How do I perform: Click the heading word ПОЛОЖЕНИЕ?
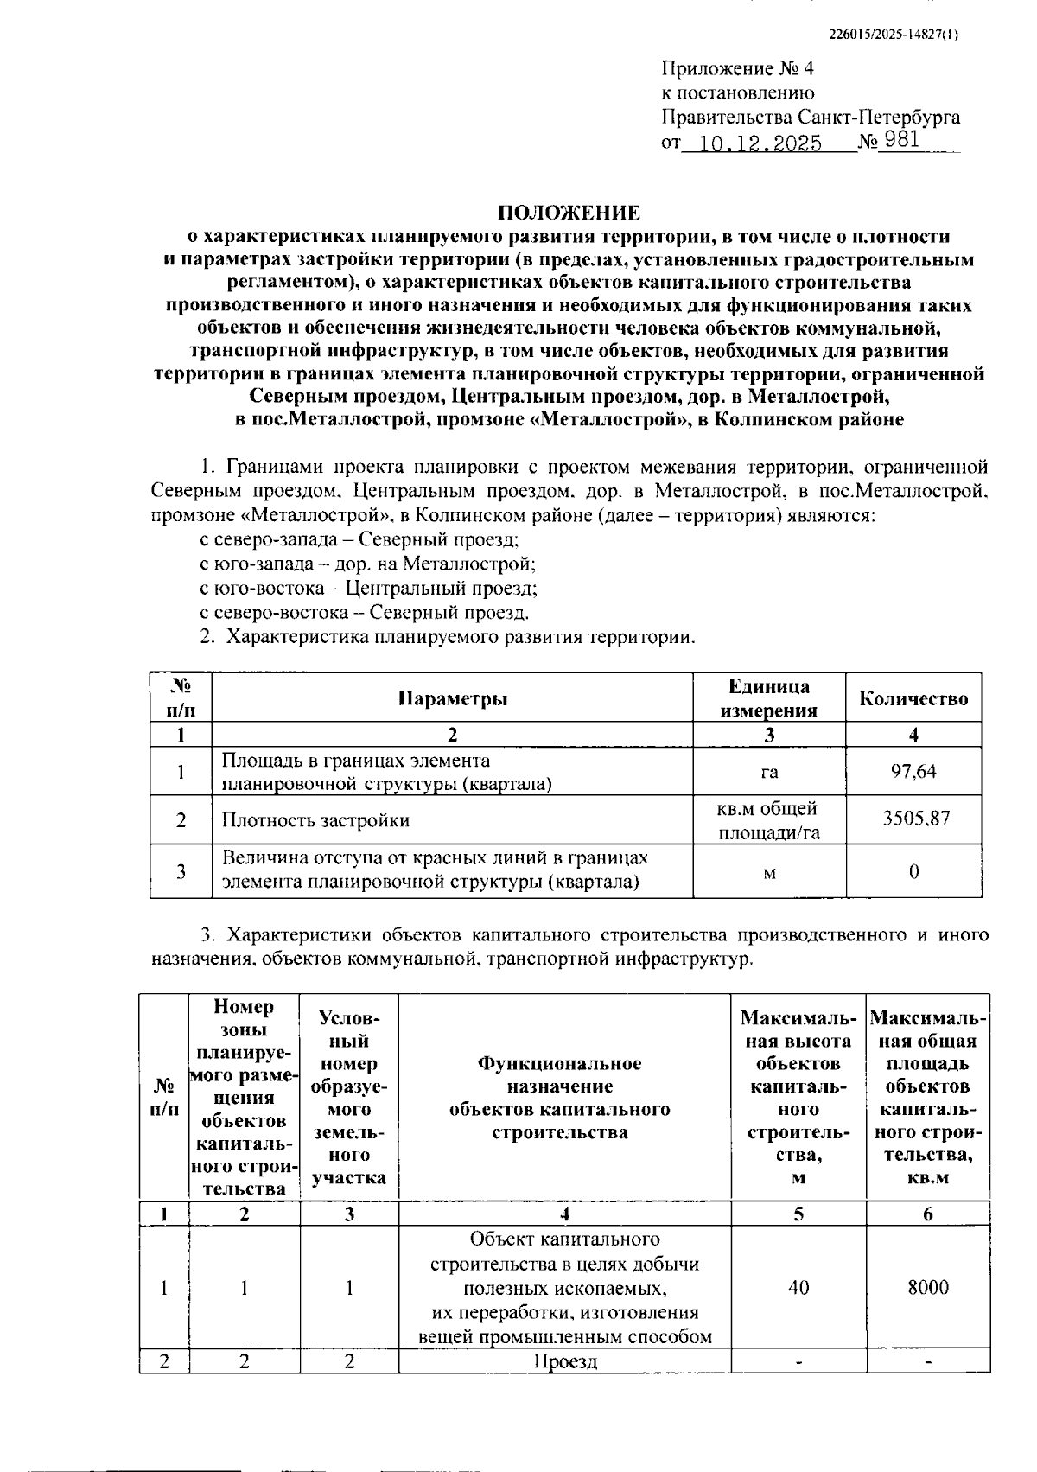(569, 213)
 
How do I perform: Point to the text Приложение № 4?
(737, 68)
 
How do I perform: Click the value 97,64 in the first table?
(913, 771)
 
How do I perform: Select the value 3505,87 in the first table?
(915, 819)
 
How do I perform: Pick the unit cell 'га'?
(769, 772)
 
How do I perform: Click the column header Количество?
(913, 698)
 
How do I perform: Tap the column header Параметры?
(453, 698)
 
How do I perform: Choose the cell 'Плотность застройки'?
(315, 820)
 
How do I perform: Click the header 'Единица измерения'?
(769, 698)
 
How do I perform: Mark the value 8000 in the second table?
(927, 1288)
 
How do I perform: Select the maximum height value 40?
(798, 1288)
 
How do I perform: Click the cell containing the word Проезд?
(564, 1361)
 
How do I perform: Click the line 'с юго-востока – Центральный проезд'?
(368, 589)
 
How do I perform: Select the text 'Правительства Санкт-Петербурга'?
(810, 117)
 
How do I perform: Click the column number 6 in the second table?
(927, 1214)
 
